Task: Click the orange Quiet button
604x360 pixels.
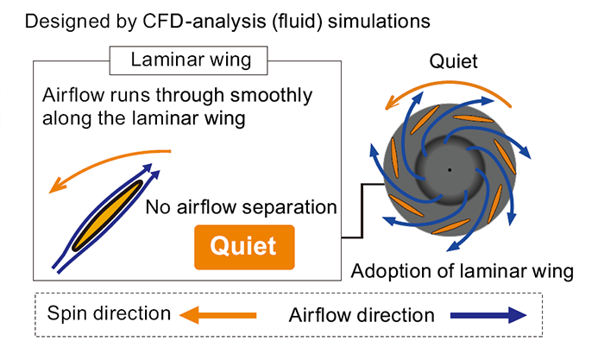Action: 245,247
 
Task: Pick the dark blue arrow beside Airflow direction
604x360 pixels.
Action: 488,314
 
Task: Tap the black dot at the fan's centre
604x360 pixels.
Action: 449,168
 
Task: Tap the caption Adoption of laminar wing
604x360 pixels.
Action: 462,272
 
